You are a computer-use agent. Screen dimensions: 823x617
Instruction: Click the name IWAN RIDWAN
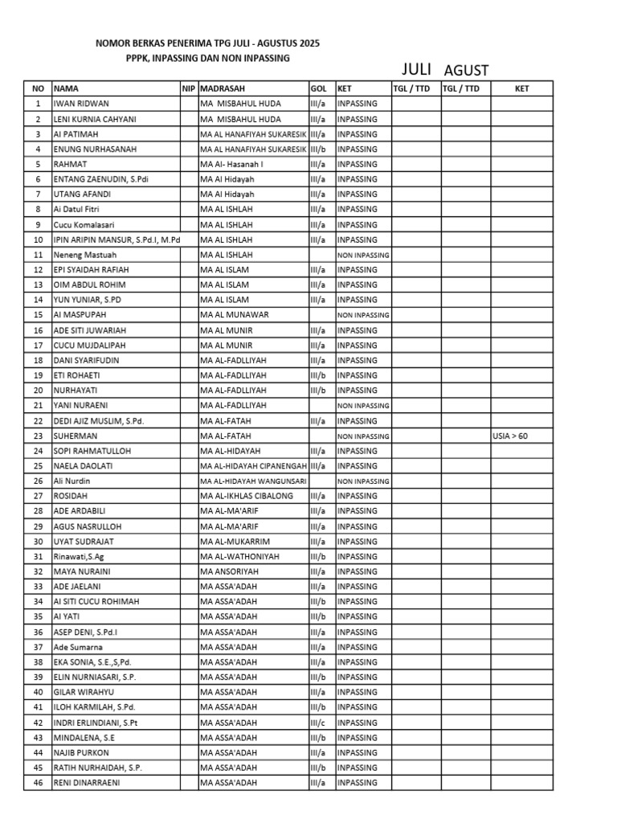pyautogui.click(x=81, y=104)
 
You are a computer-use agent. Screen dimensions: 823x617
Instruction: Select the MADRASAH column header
pyautogui.click(x=223, y=88)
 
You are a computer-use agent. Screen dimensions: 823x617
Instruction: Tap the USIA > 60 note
pyautogui.click(x=511, y=436)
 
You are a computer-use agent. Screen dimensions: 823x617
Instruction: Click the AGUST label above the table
pyautogui.click(x=466, y=71)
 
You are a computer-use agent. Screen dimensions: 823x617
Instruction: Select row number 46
pyautogui.click(x=38, y=783)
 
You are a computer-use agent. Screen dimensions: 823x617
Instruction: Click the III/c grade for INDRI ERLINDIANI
pyautogui.click(x=318, y=723)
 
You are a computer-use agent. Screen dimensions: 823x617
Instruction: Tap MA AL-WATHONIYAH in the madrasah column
pyautogui.click(x=239, y=556)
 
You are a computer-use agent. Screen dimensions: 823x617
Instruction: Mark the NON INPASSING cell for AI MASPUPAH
pyautogui.click(x=363, y=315)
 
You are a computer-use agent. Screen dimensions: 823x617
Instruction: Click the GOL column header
pyautogui.click(x=318, y=88)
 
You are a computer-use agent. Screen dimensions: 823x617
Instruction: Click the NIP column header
pyautogui.click(x=189, y=88)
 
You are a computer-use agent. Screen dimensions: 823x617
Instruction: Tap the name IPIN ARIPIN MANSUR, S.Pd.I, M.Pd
pyautogui.click(x=117, y=240)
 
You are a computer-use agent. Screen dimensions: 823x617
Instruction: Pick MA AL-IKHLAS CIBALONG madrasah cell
pyautogui.click(x=247, y=496)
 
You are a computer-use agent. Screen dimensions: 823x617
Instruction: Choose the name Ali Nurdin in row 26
pyautogui.click(x=72, y=481)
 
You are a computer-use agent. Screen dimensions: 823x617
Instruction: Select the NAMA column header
pyautogui.click(x=66, y=88)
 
